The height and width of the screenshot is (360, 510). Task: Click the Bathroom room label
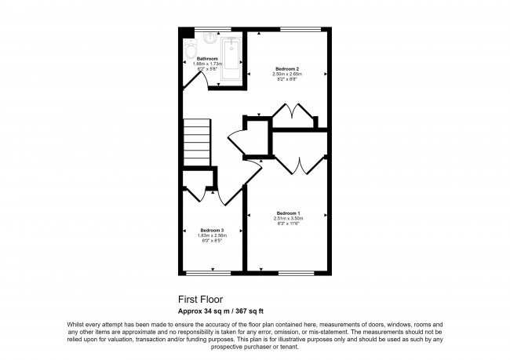[207, 58]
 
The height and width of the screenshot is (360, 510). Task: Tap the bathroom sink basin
[209, 39]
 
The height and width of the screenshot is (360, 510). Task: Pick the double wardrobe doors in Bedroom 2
[290, 115]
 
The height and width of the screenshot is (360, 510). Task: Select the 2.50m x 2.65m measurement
[287, 74]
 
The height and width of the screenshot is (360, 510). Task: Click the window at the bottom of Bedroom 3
[203, 272]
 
